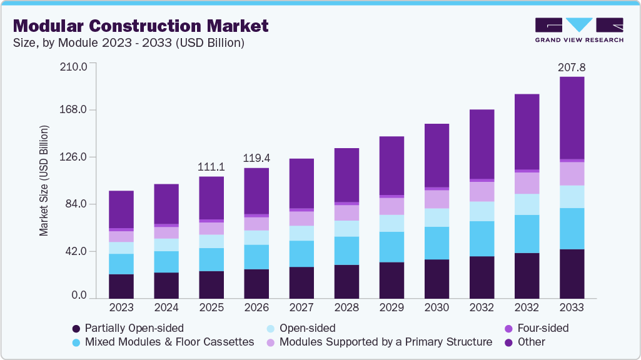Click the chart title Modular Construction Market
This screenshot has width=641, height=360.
click(141, 26)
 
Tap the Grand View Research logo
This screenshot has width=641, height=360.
click(578, 30)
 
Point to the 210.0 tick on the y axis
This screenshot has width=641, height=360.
click(73, 66)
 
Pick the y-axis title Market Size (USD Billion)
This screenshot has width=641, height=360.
click(44, 181)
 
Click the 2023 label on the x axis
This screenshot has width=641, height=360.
click(121, 308)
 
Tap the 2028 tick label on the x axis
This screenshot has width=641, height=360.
click(346, 308)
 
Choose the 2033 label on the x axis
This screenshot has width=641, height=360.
click(572, 308)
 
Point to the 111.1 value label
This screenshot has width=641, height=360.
click(211, 167)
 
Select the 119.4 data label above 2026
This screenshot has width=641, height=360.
click(256, 158)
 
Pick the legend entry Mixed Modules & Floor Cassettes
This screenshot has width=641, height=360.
click(169, 342)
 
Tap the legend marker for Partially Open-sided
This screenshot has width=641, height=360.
click(76, 328)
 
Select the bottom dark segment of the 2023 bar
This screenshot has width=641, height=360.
click(121, 286)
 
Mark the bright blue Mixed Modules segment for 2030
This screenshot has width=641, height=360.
click(437, 243)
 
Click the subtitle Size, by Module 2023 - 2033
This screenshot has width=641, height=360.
click(128, 43)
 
